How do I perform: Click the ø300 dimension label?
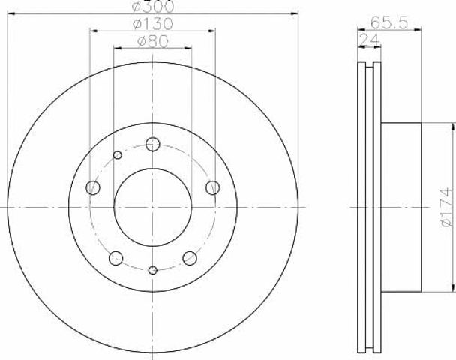[153, 7]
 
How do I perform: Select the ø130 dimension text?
[153, 24]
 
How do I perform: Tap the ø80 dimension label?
[153, 41]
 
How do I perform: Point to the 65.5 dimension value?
[390, 22]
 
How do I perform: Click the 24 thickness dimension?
[369, 40]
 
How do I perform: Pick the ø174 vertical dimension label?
[446, 207]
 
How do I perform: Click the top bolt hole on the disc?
[153, 144]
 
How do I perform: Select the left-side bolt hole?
[93, 187]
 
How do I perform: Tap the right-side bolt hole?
[212, 187]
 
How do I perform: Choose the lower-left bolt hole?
[115, 258]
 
